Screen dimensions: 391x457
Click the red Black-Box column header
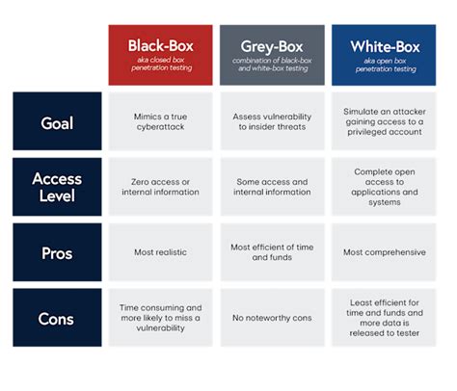click(160, 54)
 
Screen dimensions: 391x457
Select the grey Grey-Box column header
click(272, 54)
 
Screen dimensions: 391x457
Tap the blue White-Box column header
click(384, 54)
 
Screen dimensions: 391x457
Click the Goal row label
click(57, 121)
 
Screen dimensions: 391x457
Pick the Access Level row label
click(57, 187)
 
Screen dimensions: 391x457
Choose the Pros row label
click(57, 252)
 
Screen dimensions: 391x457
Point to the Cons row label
click(57, 318)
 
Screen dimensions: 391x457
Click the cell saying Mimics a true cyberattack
click(160, 121)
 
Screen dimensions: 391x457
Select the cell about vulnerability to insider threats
click(272, 121)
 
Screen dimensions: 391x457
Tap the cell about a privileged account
click(384, 121)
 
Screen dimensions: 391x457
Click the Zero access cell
click(160, 187)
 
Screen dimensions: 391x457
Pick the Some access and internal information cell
click(272, 187)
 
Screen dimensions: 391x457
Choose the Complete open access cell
click(384, 187)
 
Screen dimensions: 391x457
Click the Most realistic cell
click(160, 252)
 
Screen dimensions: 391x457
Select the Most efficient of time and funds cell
click(272, 252)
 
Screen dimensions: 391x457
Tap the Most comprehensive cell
click(384, 252)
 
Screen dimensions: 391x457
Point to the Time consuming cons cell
click(160, 318)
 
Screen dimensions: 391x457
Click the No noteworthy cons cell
click(272, 318)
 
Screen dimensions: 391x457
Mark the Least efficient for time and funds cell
click(384, 318)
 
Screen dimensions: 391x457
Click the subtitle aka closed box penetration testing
click(161, 66)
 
